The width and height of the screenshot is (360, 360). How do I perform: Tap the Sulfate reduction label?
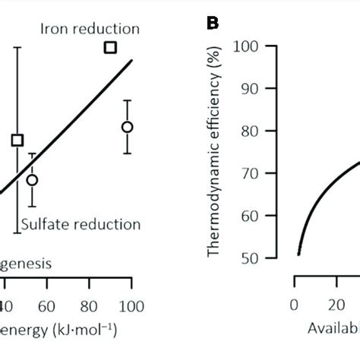(81, 224)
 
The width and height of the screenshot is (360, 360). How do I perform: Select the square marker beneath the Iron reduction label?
(110, 48)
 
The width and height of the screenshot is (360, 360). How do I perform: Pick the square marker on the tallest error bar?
(17, 140)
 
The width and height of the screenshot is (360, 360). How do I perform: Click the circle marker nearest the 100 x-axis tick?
(128, 127)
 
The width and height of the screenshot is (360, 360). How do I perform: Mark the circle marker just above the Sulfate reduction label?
(32, 180)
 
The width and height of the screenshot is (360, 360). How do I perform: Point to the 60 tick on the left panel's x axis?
(47, 305)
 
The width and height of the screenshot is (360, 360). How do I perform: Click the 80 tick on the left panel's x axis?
(90, 305)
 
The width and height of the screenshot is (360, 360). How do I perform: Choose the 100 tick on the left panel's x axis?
(131, 305)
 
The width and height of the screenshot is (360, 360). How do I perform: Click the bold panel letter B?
(214, 23)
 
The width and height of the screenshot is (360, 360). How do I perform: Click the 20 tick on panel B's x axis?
(334, 305)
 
